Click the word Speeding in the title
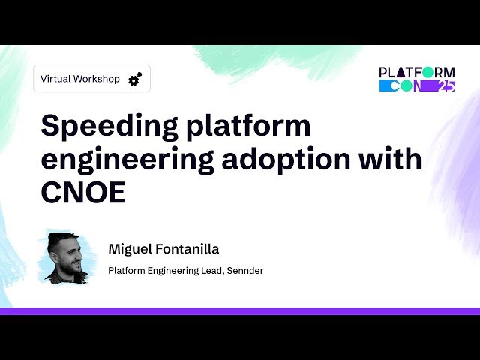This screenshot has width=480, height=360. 108,126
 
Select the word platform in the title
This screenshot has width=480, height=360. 247,126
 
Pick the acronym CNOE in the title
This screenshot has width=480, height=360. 83,192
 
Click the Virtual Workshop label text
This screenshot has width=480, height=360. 80,79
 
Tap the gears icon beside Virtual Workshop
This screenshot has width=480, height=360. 135,79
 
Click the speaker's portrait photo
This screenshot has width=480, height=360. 66,256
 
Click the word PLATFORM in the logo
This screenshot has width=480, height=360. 417,73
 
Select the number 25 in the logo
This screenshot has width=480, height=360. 445,86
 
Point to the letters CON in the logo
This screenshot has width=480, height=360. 406,86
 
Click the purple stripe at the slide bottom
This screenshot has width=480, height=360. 240,310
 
